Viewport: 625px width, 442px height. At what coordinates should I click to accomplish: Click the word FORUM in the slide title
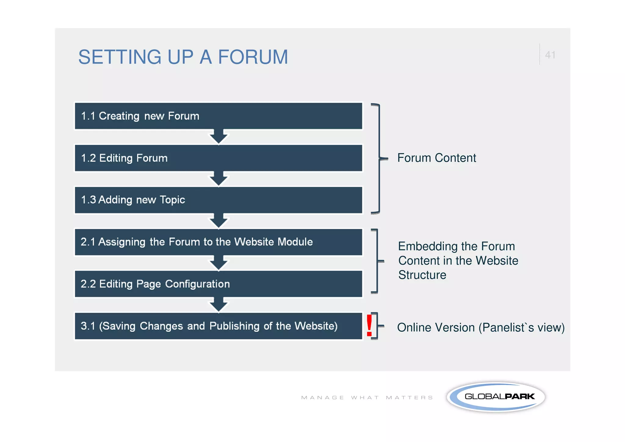[x=253, y=57]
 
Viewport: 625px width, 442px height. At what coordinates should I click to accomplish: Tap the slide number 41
[x=550, y=55]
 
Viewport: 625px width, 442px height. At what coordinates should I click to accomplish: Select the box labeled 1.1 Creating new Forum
[x=218, y=116]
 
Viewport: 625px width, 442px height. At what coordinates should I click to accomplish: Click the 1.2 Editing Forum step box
[x=218, y=158]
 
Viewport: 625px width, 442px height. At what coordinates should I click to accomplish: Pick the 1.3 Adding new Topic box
[x=218, y=200]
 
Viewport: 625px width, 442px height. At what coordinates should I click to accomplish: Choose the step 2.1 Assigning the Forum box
[x=218, y=242]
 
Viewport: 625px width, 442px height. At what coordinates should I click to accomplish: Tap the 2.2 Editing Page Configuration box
[x=218, y=284]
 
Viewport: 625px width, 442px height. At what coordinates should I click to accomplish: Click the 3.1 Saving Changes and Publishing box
[x=218, y=326]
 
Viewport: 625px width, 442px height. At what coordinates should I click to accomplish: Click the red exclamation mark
[x=369, y=326]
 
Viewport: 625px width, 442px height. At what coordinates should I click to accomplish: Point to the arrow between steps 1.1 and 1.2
[x=219, y=137]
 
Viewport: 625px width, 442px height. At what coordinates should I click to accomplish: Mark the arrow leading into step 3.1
[x=219, y=305]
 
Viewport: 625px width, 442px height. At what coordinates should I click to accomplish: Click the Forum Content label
[x=436, y=158]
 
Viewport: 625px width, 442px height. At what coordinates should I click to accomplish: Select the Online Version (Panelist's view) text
[x=481, y=327]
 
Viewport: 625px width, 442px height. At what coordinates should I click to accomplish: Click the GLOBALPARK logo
[x=496, y=396]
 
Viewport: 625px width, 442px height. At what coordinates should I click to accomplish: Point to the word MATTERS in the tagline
[x=409, y=397]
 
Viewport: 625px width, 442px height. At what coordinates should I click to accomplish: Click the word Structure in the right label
[x=422, y=275]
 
